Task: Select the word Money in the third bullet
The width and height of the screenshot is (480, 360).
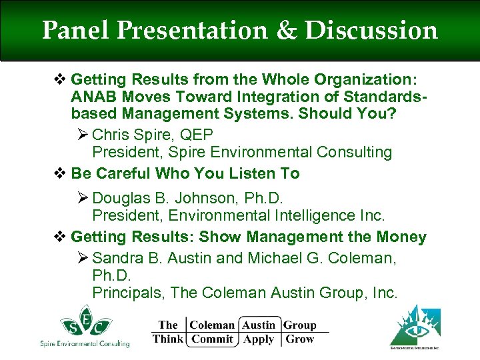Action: click(x=401, y=237)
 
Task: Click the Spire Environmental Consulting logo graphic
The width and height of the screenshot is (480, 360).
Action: click(x=83, y=324)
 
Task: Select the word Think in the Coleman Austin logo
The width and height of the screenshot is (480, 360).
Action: click(x=167, y=339)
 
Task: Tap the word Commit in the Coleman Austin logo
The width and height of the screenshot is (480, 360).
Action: click(x=212, y=339)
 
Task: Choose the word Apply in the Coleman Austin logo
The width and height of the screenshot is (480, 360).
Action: click(x=259, y=339)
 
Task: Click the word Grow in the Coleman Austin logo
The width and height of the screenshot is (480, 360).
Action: click(x=299, y=339)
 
